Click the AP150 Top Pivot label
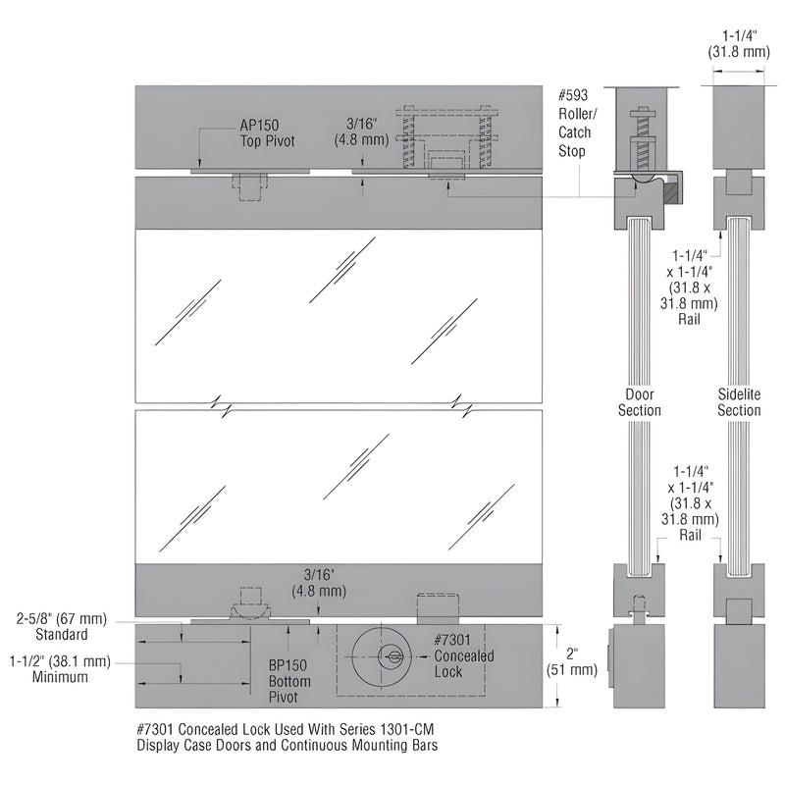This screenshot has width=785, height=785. pyautogui.click(x=267, y=133)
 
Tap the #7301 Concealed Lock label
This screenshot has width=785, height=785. pyautogui.click(x=462, y=654)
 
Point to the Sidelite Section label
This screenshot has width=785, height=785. pyautogui.click(x=738, y=402)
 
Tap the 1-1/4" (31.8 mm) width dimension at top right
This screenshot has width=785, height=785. pyautogui.click(x=737, y=44)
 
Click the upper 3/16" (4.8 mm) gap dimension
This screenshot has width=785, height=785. pyautogui.click(x=365, y=131)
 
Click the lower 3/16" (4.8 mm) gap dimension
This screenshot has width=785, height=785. pyautogui.click(x=318, y=584)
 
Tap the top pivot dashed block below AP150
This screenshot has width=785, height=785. pyautogui.click(x=251, y=185)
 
